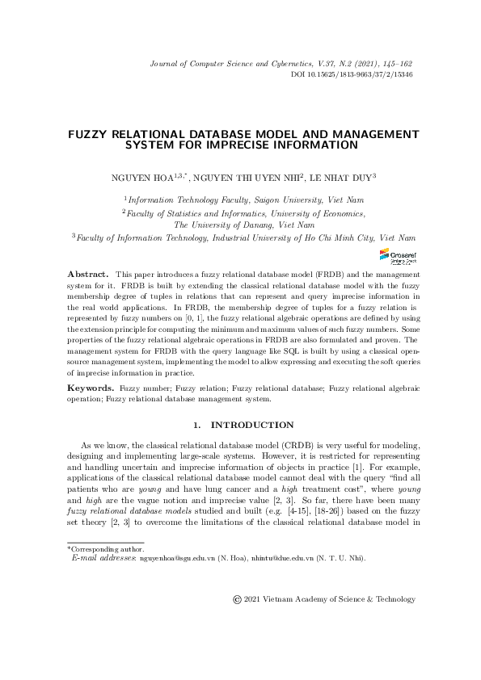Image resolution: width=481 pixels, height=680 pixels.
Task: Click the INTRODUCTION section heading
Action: tap(251, 425)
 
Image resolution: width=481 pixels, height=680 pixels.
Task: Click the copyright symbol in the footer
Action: tap(237, 599)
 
